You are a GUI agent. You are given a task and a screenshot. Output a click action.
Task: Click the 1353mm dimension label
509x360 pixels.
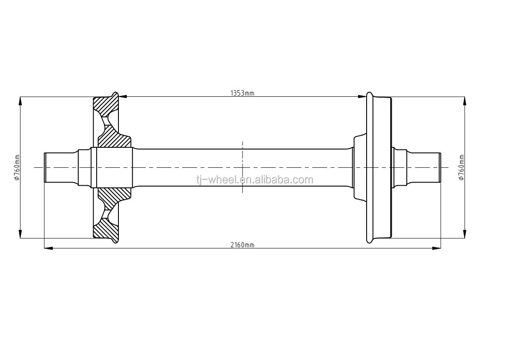coord(242,94)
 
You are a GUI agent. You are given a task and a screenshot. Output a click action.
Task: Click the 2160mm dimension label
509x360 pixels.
coord(242,245)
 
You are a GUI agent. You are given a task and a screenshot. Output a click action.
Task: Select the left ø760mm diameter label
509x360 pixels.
coord(17,167)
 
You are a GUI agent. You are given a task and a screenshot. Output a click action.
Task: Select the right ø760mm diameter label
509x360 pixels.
coord(461,167)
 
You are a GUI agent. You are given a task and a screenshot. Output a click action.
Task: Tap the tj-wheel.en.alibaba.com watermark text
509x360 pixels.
coord(254,180)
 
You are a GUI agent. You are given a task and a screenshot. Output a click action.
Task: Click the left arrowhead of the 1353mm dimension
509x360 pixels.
coord(123,96)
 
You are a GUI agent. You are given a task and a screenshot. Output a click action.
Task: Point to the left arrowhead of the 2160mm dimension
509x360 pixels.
coord(48,248)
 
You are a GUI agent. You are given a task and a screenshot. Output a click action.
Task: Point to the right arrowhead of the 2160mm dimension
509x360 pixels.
coord(436,248)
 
